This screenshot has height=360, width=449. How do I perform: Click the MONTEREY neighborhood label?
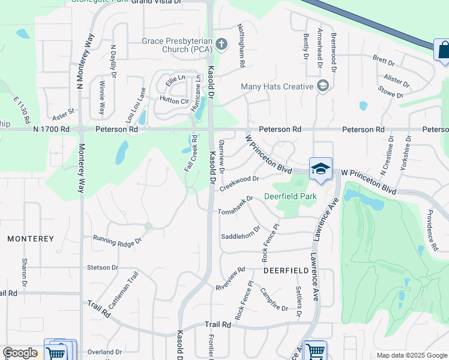31,239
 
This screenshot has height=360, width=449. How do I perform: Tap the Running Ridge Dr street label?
117,240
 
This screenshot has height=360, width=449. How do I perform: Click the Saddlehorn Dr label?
241,232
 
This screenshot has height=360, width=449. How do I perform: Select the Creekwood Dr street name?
239,183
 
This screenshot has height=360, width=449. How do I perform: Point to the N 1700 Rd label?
52,129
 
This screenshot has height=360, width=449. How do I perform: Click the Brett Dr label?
384,61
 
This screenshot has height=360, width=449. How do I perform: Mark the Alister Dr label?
397,80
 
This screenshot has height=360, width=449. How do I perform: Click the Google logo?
20,353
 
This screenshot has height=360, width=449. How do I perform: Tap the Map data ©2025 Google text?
411,355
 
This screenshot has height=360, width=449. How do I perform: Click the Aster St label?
62,112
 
